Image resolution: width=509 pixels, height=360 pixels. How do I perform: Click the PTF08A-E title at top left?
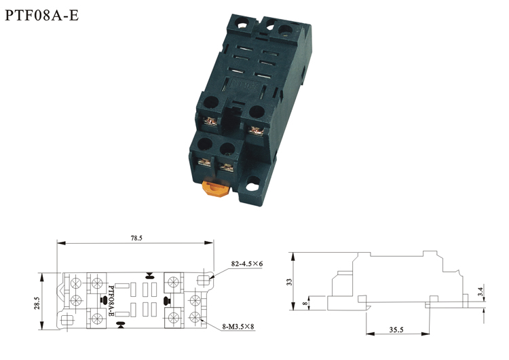click(42, 15)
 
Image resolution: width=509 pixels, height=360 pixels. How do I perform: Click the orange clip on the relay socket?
click(215, 188)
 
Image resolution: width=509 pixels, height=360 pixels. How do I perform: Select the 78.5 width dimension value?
click(136, 238)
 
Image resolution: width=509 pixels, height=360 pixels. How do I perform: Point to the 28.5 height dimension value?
click(37, 303)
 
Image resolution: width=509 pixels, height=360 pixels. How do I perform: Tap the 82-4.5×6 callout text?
click(247, 264)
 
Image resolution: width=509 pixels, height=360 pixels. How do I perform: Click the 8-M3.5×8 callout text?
click(238, 327)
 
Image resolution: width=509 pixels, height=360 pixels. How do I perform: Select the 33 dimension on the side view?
click(290, 282)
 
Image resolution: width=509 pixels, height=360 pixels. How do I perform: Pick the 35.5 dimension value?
click(396, 330)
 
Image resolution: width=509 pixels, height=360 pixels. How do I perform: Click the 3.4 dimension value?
click(480, 292)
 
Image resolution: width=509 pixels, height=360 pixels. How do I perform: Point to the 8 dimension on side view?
click(305, 304)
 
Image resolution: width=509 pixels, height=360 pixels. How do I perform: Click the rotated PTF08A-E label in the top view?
click(111, 301)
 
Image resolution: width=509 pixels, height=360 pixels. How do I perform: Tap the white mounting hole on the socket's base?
click(252, 187)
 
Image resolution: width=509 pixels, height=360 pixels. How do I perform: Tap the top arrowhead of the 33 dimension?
click(293, 257)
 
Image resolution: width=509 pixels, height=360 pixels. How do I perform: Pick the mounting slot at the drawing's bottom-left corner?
click(67, 321)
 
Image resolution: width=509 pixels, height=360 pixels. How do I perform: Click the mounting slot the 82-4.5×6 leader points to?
click(204, 278)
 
